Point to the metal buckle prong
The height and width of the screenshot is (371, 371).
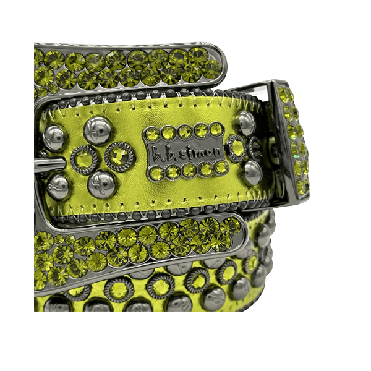(49, 164)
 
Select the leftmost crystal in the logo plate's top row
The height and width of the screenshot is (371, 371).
(152, 134)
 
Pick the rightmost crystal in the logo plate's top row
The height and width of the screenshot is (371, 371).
(216, 129)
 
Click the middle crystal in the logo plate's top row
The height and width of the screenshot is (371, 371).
(185, 131)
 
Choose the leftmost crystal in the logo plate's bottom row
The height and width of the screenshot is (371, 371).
(156, 173)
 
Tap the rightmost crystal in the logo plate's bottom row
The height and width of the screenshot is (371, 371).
(222, 167)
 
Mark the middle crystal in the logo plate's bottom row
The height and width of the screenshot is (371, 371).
(189, 170)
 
